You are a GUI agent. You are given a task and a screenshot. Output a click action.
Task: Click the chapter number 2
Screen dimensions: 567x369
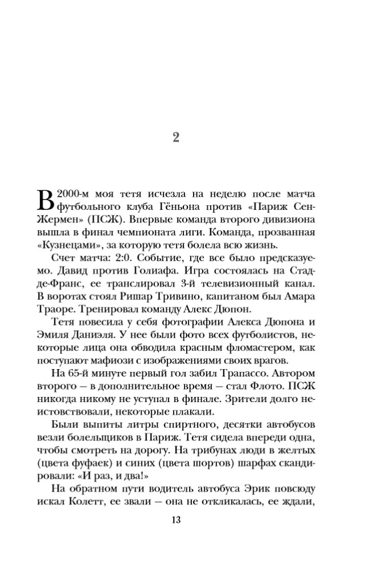pos(175,137)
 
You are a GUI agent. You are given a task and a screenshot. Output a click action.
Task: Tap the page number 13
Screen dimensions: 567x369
pos(175,521)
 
